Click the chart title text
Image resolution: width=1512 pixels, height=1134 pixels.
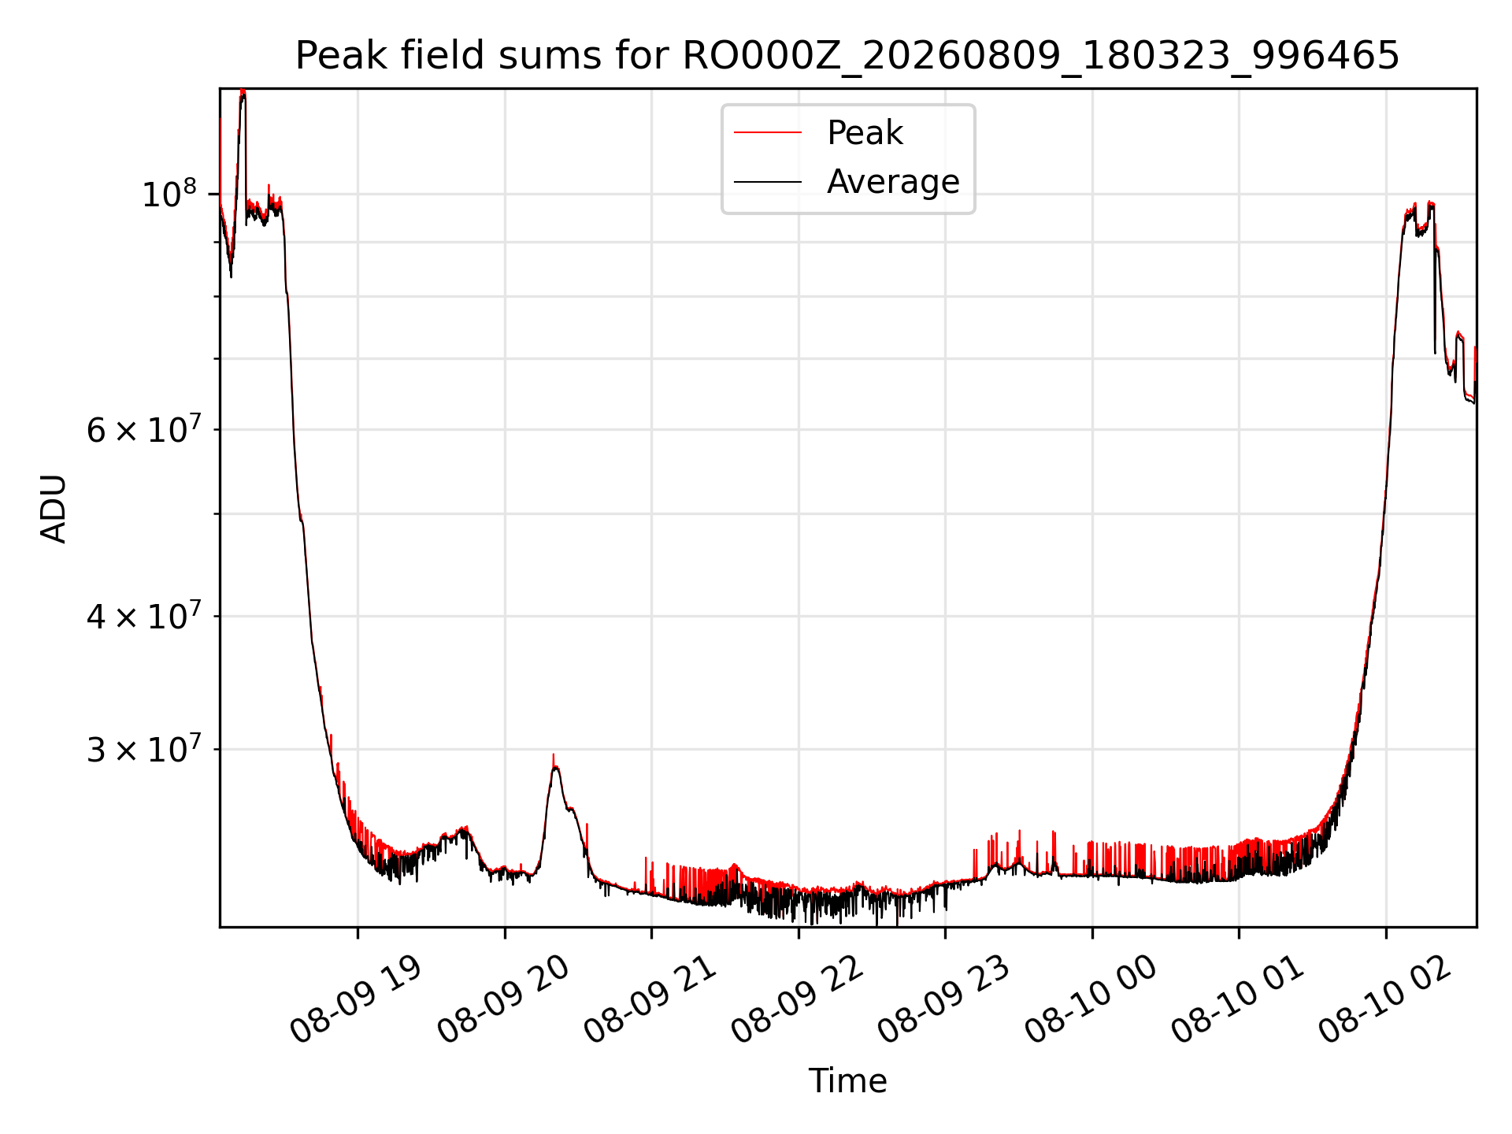(847, 55)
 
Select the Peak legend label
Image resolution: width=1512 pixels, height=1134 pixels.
(865, 133)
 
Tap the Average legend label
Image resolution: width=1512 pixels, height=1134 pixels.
(893, 182)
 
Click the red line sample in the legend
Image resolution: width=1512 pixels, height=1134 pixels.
(768, 133)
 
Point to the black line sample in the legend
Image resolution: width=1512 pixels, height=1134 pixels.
(768, 182)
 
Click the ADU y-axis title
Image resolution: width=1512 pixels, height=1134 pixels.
(54, 508)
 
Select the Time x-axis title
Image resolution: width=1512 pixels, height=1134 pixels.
(847, 1081)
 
